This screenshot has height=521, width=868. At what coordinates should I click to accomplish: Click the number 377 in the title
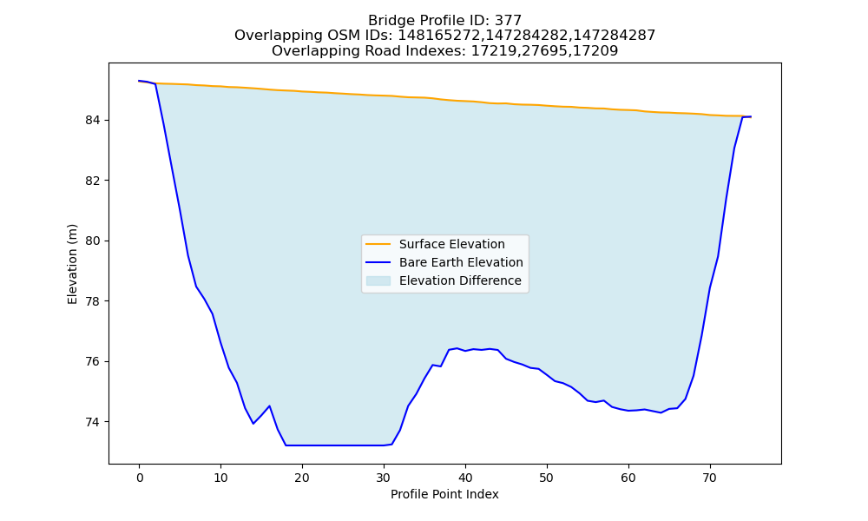pos(509,21)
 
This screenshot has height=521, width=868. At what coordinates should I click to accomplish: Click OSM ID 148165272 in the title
pos(441,36)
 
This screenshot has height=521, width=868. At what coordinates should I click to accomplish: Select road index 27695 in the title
pos(544,51)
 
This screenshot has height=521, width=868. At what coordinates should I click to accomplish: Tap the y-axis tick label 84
pos(93,120)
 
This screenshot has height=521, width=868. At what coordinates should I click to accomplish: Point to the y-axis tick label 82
pos(93,181)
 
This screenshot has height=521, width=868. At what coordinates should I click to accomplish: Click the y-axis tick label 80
pos(93,241)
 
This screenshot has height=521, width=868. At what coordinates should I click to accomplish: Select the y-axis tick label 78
pos(93,301)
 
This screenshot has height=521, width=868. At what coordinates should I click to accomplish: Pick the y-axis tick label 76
pos(93,361)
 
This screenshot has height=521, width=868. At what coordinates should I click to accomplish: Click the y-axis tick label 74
pos(93,422)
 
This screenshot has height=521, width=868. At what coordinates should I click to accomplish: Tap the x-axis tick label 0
pos(140,478)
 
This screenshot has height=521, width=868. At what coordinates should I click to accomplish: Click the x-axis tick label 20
pos(302,478)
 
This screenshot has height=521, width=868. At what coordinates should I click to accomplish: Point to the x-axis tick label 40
pos(465,478)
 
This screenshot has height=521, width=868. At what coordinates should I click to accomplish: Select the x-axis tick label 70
pos(710,478)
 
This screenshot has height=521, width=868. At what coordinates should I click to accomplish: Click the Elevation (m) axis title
pos(72,264)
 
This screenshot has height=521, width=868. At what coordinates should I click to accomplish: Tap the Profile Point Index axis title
pos(444,494)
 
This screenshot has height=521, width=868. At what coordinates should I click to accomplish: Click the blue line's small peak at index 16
pos(270,406)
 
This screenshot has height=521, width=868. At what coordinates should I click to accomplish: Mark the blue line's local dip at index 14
pos(253,424)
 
